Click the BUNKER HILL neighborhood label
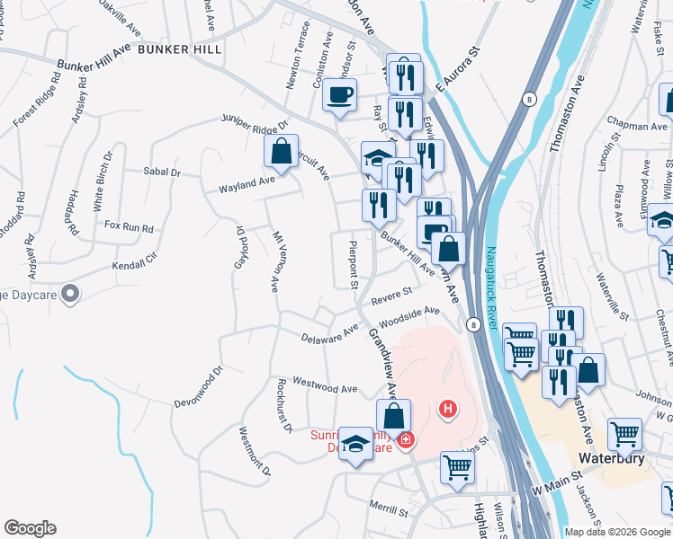[x=180, y=49]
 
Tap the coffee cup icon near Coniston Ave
[x=339, y=94]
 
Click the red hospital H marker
[x=447, y=411]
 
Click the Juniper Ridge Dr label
[x=255, y=120]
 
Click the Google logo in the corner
[x=30, y=528]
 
